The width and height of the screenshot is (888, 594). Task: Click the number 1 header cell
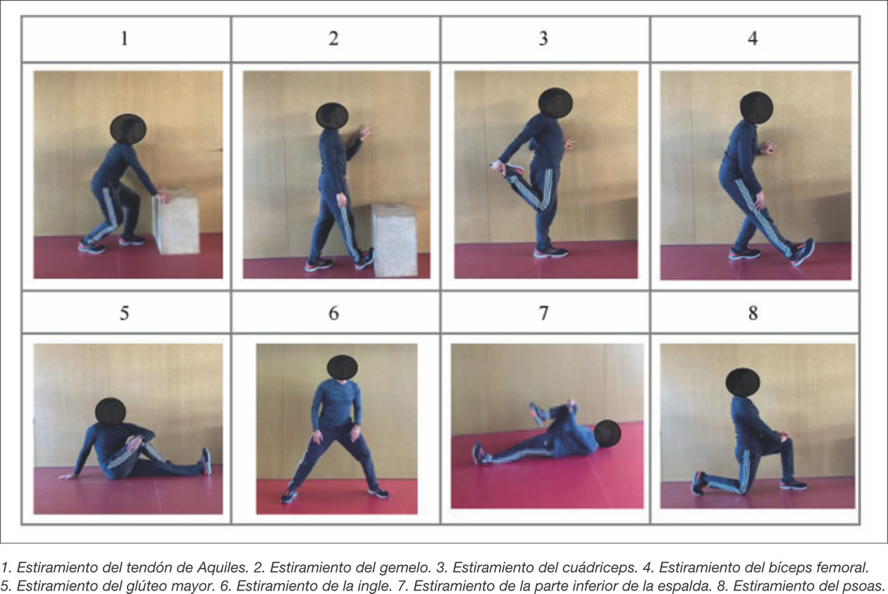coord(125,39)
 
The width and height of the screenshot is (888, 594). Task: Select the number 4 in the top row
coord(753,39)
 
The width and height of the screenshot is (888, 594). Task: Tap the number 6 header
coord(333,313)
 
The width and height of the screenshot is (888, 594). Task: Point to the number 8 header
coord(753,313)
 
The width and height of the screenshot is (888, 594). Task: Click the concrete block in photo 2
coord(395,240)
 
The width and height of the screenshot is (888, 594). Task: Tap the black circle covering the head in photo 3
coord(555,103)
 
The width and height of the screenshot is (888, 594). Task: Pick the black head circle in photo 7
coord(608,434)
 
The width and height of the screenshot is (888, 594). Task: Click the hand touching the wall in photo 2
coord(364,132)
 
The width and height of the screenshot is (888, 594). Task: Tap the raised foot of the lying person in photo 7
coord(538,414)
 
